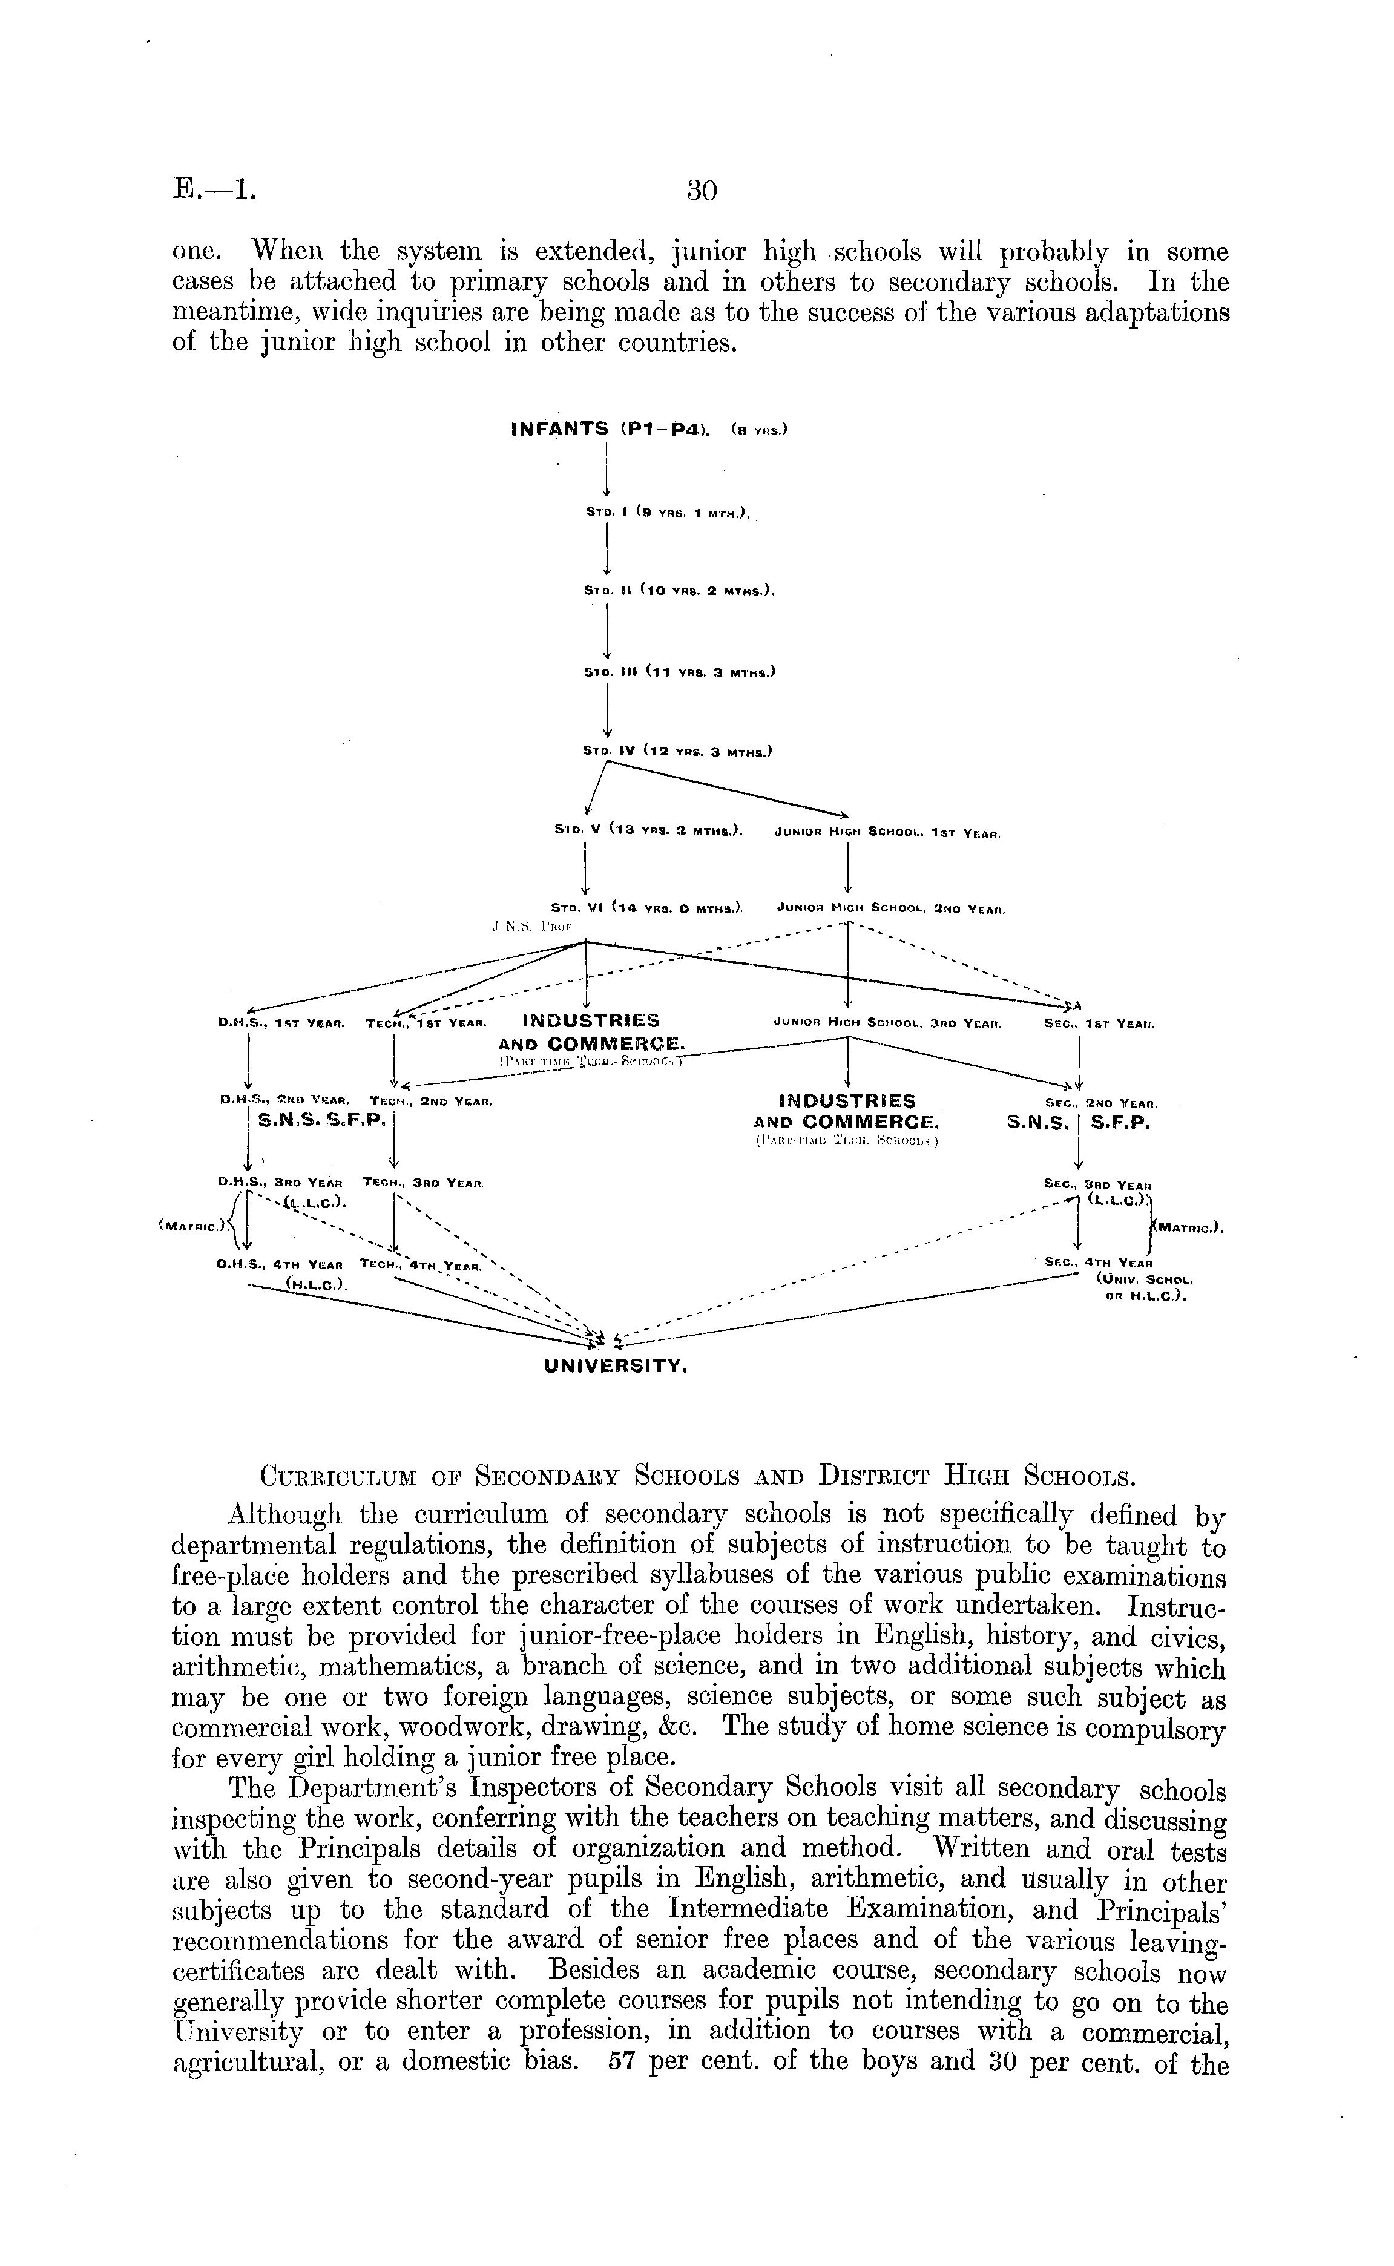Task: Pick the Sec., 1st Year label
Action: click(x=1100, y=1023)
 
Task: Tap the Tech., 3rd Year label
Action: click(x=424, y=1182)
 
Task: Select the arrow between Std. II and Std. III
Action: click(x=608, y=631)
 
